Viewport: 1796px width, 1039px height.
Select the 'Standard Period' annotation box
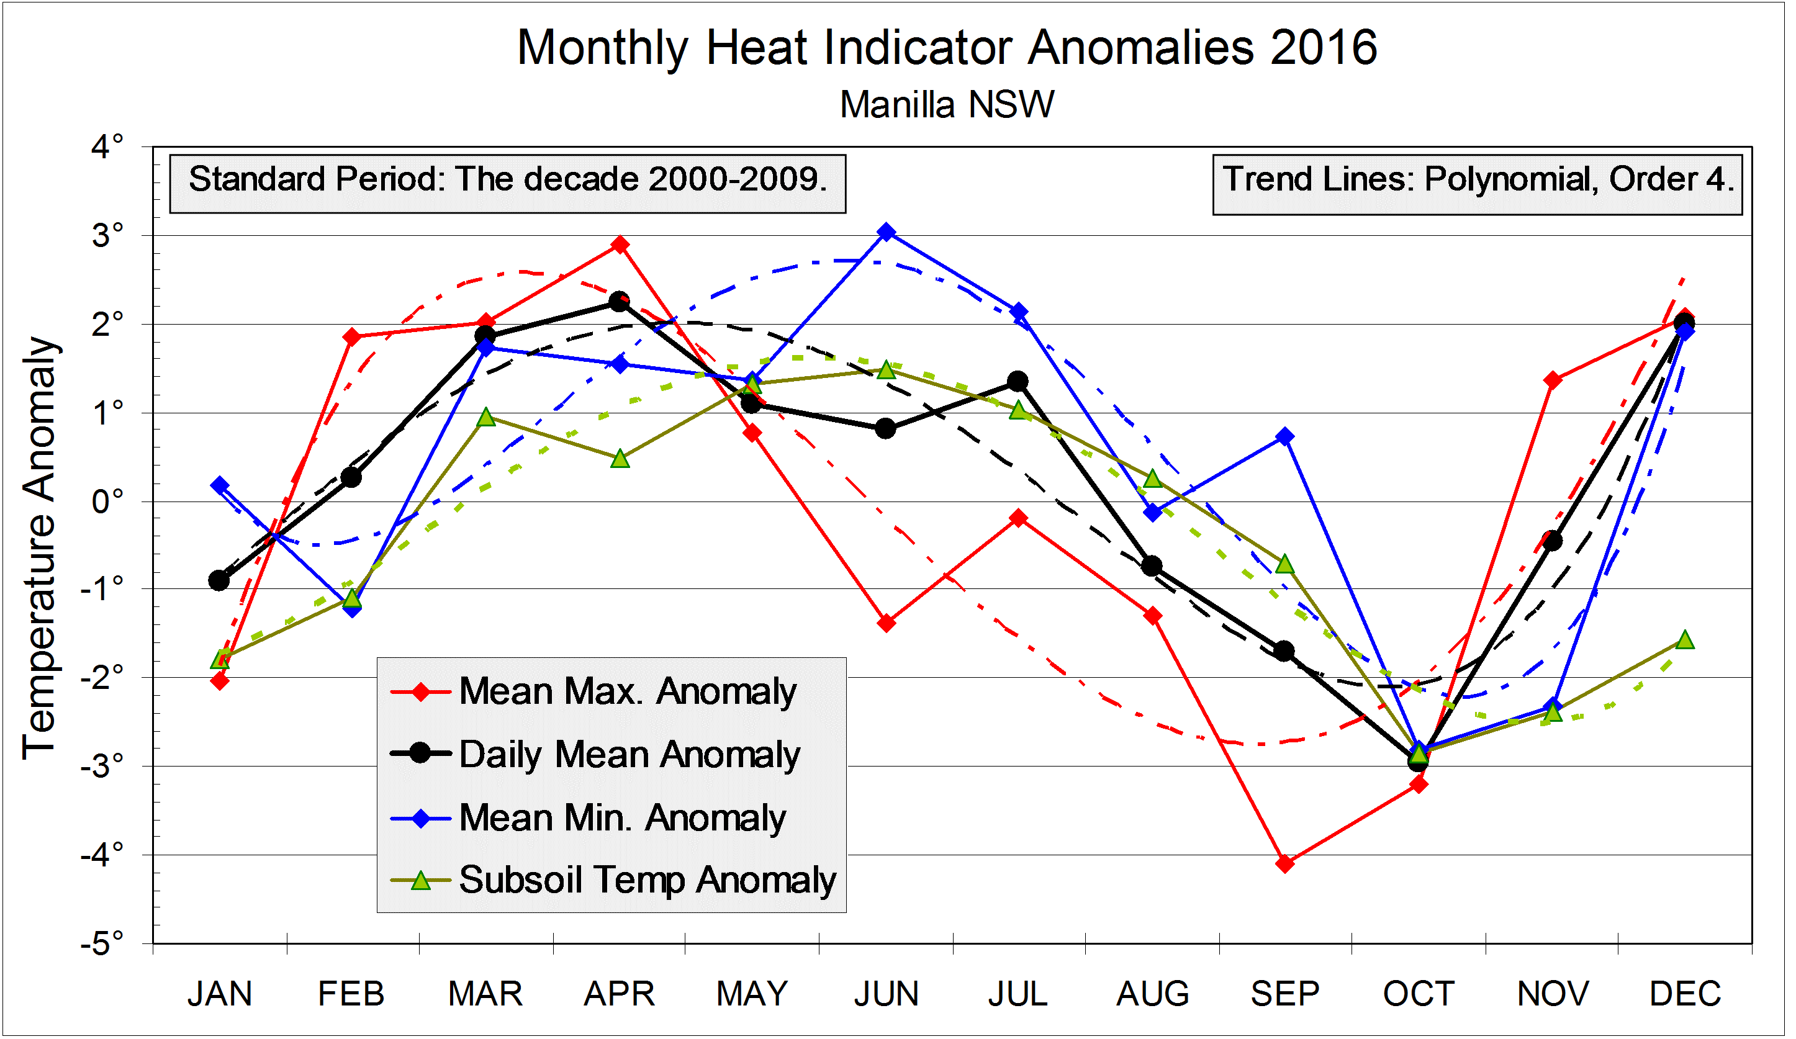[x=507, y=183]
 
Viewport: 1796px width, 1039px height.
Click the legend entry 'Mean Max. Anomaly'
[x=627, y=692]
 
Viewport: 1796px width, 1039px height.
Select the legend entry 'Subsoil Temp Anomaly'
[x=647, y=881]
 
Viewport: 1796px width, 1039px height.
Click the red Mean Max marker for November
[x=1553, y=380]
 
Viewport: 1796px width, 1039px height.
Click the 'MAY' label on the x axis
[x=752, y=994]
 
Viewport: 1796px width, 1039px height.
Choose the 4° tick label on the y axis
[x=107, y=147]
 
